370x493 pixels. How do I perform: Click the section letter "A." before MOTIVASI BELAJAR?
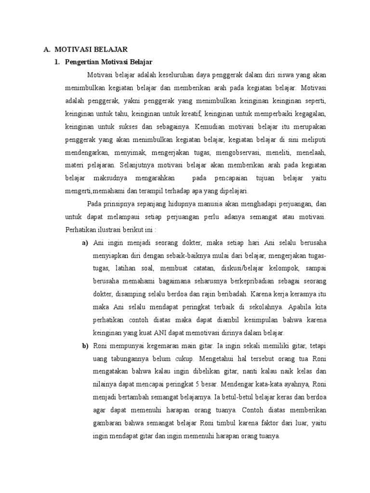tap(47, 49)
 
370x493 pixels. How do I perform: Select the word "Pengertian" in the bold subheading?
tap(82, 62)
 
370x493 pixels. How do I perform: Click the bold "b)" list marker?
tap(85, 346)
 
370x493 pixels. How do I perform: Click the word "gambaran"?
tap(109, 424)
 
